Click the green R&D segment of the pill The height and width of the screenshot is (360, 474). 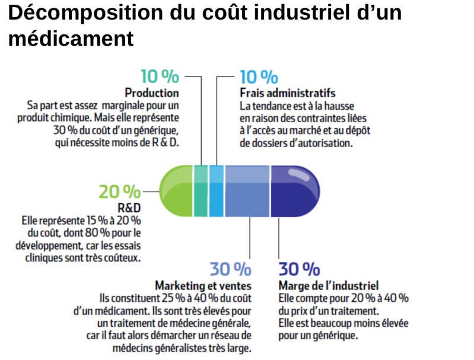point(177,191)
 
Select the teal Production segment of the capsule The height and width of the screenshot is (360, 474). point(201,191)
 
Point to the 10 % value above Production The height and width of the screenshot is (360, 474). point(160,77)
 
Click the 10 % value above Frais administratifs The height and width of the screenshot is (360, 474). point(259,77)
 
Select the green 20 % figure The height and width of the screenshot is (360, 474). point(120,192)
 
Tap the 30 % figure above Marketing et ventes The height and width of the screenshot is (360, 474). point(230,269)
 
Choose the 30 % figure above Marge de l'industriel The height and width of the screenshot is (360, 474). point(299,269)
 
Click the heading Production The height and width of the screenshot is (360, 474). point(152,93)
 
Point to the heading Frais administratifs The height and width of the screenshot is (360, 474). point(288,93)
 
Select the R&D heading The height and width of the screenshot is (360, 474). point(130,208)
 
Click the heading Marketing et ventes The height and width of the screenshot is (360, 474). point(203,285)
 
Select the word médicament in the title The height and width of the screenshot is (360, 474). point(71,39)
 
